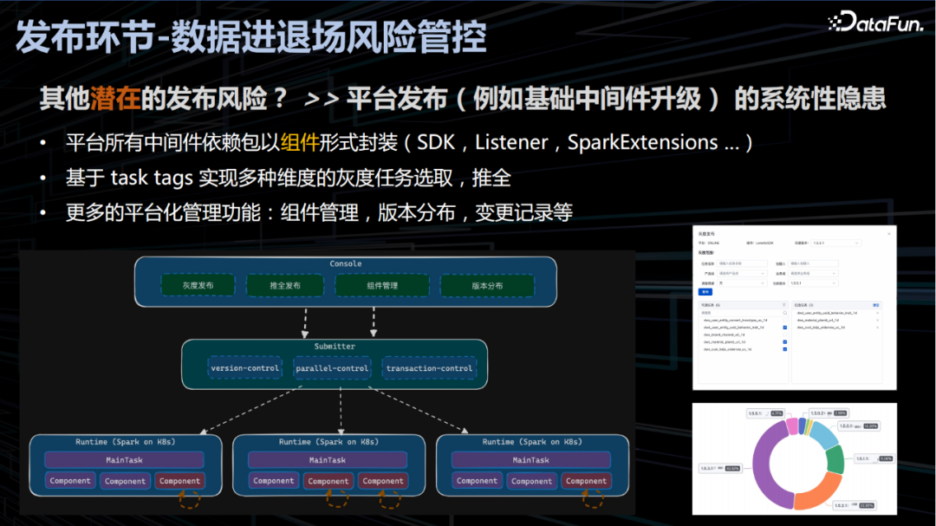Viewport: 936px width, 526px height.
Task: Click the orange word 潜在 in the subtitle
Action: (x=114, y=99)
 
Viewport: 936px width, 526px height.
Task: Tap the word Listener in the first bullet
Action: (x=511, y=142)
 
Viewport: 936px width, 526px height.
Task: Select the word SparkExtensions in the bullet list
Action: (x=642, y=142)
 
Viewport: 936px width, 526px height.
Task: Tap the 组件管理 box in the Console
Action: (x=382, y=286)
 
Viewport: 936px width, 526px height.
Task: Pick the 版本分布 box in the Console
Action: (x=487, y=286)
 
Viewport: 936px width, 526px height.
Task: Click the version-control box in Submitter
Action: (x=244, y=368)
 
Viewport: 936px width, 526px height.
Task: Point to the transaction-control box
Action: (x=430, y=368)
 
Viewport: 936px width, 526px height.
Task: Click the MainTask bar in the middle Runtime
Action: (x=328, y=460)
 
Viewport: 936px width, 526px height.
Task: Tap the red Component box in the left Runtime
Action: (x=179, y=481)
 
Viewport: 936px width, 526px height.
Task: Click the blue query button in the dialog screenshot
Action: (x=705, y=292)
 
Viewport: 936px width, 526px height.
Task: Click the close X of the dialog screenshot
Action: (x=888, y=234)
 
